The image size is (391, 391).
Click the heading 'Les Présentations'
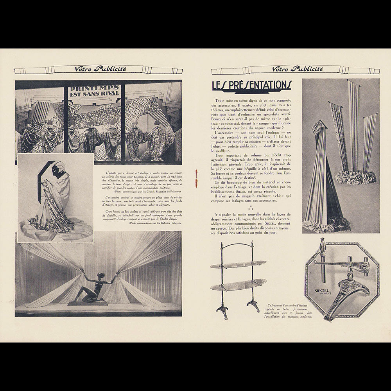click(251, 85)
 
